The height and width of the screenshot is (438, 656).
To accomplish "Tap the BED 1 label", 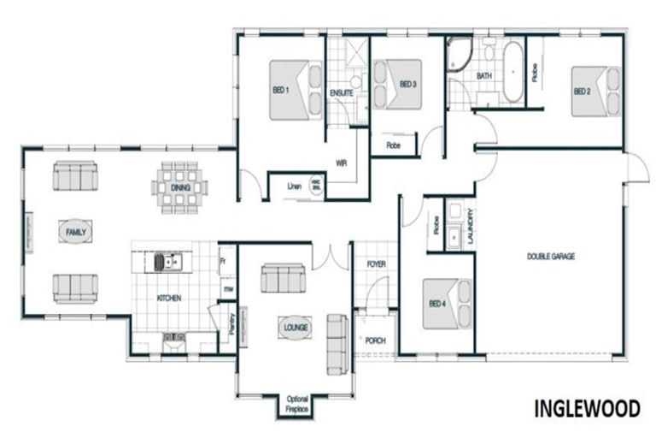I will click(281, 90).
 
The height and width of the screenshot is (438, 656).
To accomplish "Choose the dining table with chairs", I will click(180, 186).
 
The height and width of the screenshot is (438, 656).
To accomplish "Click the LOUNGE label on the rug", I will click(296, 327).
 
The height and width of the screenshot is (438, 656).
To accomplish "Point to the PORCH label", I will click(375, 340).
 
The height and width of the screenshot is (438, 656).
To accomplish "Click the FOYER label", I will click(376, 265).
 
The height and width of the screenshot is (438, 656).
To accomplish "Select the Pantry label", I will click(231, 321).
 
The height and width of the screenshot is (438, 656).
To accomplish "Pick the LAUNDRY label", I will click(471, 229).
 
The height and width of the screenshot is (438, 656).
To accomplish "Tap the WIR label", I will click(340, 161).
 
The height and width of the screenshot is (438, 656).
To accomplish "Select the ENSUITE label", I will click(342, 92).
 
